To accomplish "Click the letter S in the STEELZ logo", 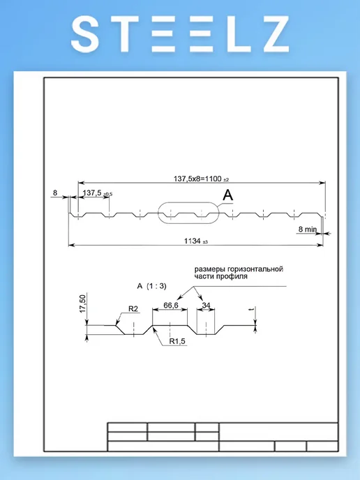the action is point(85,34).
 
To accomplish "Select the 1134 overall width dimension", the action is point(193,241).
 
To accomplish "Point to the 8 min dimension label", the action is point(308,229).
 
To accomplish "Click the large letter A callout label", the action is point(227,195).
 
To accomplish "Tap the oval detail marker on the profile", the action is point(188,213).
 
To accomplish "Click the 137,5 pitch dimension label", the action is point(92,193).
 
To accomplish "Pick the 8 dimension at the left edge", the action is point(55,193).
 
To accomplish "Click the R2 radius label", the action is point(133,309).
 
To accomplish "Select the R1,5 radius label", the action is point(177,341).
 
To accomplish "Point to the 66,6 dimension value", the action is point(171,305).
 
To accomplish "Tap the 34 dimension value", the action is point(207,305).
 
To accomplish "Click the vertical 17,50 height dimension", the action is point(83,303).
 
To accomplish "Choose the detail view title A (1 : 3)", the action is point(152,286).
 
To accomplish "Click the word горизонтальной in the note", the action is point(255,269).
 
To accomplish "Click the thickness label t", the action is point(251,310).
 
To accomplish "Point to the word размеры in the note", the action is point(210,269).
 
